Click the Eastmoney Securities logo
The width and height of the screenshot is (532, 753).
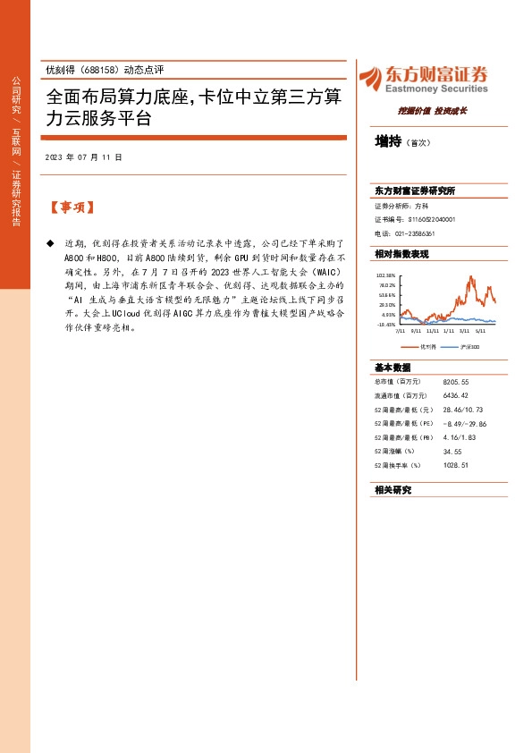tap(423, 80)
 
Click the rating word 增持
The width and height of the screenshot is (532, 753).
tap(387, 141)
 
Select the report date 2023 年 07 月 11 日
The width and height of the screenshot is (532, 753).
tap(83, 157)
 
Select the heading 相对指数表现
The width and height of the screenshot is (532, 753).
tap(401, 254)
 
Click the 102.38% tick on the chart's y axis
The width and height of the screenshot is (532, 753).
tap(385, 275)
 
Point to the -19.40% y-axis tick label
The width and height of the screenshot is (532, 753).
tap(385, 325)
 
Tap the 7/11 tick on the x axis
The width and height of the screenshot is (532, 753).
tap(401, 331)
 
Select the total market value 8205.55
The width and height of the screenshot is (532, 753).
tap(455, 382)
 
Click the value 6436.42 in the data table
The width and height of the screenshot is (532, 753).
tap(455, 395)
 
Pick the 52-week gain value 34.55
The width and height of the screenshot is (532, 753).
tap(452, 451)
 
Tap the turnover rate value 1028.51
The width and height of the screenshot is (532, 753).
tap(455, 465)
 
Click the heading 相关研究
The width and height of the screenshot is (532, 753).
tap(393, 491)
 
